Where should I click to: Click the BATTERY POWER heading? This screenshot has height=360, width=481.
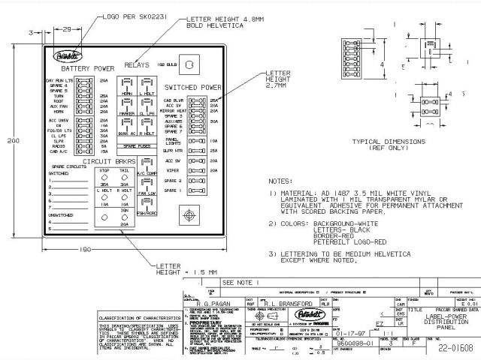pos(93,68)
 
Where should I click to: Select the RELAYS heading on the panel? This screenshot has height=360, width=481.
pos(139,66)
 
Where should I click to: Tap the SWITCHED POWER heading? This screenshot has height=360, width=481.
pos(192,88)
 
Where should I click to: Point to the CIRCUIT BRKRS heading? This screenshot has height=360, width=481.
pos(108,160)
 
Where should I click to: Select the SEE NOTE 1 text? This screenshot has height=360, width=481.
pos(240,282)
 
